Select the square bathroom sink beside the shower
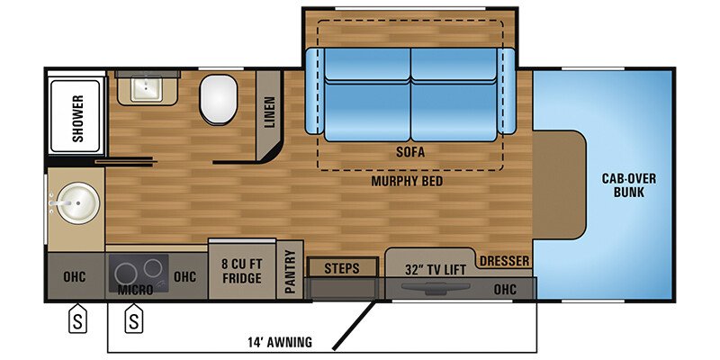141,88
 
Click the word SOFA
409,152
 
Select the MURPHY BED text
409,181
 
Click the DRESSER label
503,262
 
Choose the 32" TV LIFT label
427,267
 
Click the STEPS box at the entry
341,268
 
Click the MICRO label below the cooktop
135,292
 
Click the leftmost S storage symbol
78,320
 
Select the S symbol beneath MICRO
134,320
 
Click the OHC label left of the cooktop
74,276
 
